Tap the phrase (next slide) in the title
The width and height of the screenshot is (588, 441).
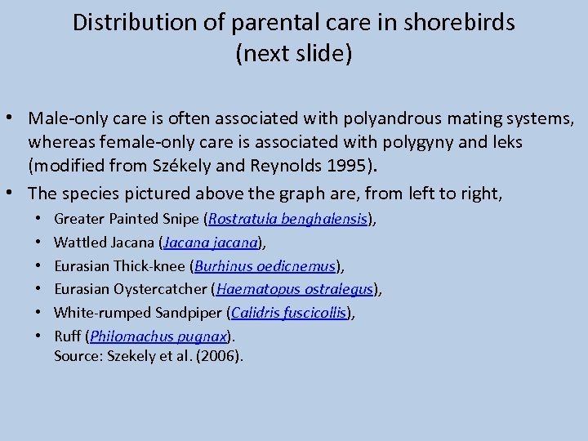pos(293,55)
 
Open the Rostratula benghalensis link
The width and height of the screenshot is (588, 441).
pos(288,219)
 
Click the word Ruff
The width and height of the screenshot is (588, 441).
pos(67,336)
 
